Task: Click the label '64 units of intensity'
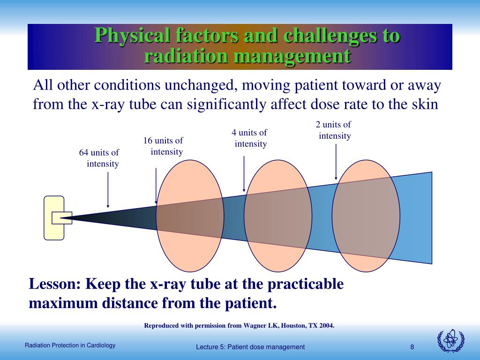coord(99,158)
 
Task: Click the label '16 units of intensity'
coord(163,146)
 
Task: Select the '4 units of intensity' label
coord(249,138)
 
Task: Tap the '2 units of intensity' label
coord(334,130)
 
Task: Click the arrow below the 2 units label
coord(336,162)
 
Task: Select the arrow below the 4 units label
coord(244,173)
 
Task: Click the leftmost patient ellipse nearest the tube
coord(190,216)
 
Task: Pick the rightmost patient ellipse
coord(366,216)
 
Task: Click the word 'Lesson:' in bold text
coord(55,284)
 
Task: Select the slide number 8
coord(412,347)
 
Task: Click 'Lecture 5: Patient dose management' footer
coord(250,347)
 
